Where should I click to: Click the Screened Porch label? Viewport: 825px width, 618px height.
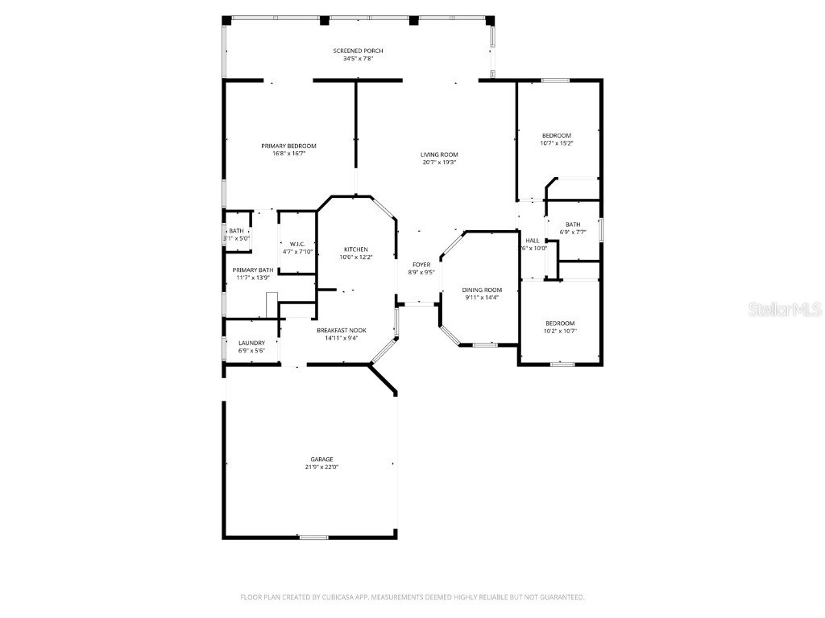(358, 51)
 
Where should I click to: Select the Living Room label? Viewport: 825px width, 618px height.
(439, 154)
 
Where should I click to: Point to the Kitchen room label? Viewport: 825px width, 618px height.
(356, 249)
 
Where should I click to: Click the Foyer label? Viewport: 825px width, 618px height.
(421, 265)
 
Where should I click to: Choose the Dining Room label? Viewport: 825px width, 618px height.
(482, 290)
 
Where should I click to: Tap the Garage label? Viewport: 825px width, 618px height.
(321, 459)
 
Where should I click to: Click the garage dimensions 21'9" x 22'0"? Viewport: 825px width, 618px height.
(321, 467)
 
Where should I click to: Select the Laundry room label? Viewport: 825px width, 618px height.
(251, 343)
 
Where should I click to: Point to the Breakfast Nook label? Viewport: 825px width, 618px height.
(341, 331)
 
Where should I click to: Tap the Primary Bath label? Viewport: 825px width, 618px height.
(253, 270)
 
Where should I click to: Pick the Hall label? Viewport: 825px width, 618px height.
(533, 241)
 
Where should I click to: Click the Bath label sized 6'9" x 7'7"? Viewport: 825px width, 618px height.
(573, 225)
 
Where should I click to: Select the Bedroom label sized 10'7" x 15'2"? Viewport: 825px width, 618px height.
(556, 135)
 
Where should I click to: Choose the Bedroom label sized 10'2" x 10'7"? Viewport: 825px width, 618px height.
(560, 323)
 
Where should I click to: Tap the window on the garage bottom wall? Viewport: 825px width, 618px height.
(313, 537)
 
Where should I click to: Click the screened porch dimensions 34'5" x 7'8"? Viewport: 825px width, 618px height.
(358, 59)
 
